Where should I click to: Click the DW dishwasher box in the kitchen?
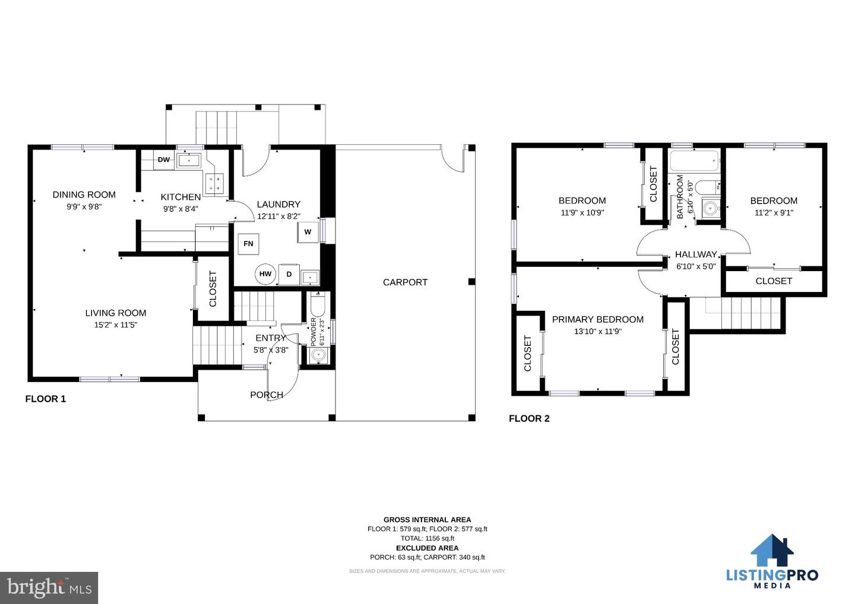(164, 160)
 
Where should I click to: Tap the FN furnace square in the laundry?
(248, 244)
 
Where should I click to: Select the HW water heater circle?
(265, 274)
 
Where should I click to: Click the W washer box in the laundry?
(308, 232)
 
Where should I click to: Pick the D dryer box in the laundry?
(289, 274)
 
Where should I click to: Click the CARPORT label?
(405, 282)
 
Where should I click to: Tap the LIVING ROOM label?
(116, 313)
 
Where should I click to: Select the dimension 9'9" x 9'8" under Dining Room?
(84, 206)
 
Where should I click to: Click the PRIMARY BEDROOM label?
(598, 320)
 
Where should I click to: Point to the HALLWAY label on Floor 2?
(696, 255)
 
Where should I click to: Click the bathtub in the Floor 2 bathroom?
(695, 161)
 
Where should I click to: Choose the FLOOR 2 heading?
(529, 418)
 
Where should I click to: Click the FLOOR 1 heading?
(45, 399)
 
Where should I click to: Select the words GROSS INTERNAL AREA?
(427, 520)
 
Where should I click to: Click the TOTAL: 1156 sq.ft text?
(427, 538)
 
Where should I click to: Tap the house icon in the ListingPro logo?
(772, 550)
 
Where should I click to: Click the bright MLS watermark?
(49, 587)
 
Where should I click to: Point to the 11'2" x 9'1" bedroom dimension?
(774, 213)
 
